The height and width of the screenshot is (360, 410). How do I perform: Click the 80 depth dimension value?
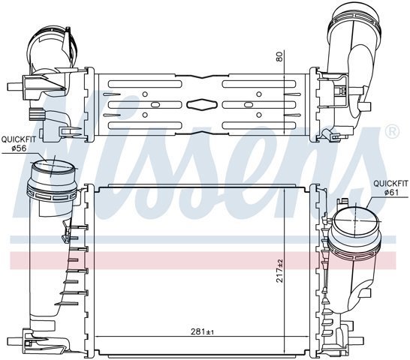click(x=279, y=56)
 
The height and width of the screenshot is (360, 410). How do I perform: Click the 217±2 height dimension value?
click(x=280, y=271)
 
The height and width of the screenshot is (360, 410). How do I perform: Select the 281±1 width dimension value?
click(x=203, y=331)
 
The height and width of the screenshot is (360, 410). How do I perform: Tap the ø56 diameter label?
click(x=19, y=148)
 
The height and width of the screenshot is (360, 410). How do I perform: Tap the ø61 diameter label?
click(x=391, y=192)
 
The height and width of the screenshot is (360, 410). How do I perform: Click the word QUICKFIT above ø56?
click(x=18, y=139)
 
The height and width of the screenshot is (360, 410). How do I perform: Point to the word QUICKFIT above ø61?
click(x=390, y=184)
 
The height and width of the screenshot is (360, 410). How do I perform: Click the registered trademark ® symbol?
click(x=393, y=132)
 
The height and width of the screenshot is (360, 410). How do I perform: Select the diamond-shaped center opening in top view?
click(x=202, y=104)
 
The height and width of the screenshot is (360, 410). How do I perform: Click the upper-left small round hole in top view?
click(x=145, y=94)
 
